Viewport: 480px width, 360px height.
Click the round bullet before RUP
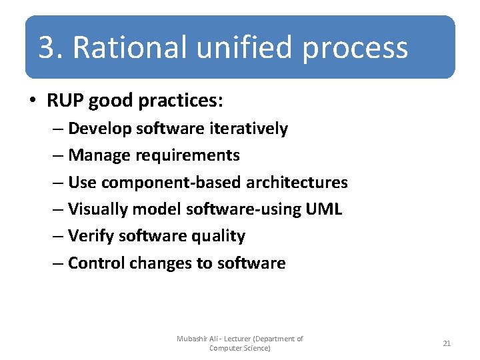tap(33, 101)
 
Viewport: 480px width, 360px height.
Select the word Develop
tap(100, 129)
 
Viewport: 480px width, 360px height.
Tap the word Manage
tap(99, 156)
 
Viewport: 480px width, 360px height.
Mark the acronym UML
tap(323, 209)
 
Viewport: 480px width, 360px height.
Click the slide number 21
tap(447, 343)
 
